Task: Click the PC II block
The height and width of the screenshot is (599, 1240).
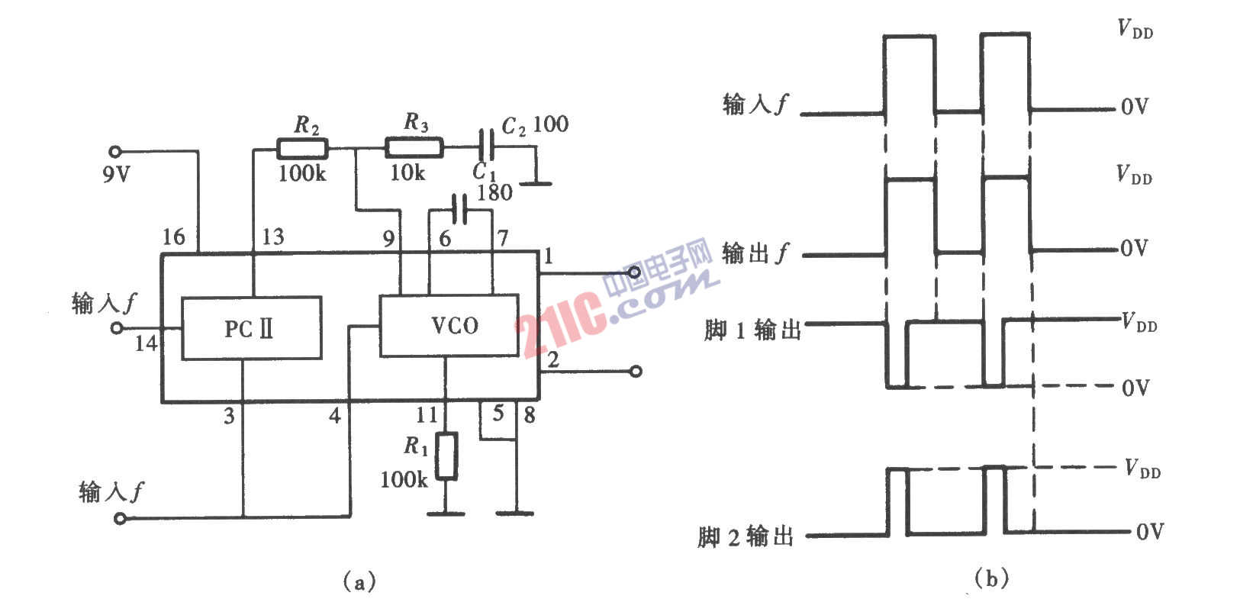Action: tap(252, 328)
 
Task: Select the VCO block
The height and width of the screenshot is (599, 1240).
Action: tap(449, 325)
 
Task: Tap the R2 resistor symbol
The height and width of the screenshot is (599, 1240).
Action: tap(302, 149)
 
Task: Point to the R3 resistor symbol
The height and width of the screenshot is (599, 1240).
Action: tap(414, 147)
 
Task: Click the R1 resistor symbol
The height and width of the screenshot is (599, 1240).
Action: tap(446, 456)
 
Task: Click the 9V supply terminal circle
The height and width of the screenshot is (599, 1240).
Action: tap(114, 151)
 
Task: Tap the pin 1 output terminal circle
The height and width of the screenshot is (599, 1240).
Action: tap(634, 272)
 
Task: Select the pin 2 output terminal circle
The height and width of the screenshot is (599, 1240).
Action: tap(636, 371)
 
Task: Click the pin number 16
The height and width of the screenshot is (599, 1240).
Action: tap(174, 237)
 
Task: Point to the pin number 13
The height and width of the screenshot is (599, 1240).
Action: tap(272, 237)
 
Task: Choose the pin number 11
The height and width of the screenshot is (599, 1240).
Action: tap(427, 414)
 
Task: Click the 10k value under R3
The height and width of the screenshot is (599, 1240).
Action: tap(407, 172)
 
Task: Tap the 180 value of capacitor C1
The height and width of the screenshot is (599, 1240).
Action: tap(495, 192)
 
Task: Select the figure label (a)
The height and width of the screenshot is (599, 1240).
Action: tap(359, 581)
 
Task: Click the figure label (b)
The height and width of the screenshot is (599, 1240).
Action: tap(991, 579)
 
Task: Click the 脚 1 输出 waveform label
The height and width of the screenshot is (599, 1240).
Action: tap(753, 330)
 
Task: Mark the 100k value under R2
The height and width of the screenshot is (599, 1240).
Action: tap(302, 174)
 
